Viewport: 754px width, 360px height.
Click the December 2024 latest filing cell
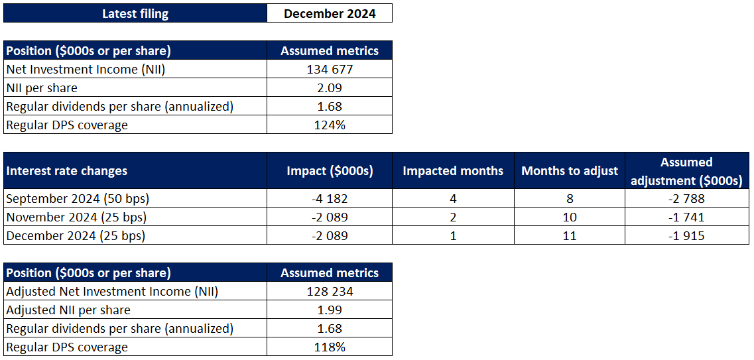[330, 13]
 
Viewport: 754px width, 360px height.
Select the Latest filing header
[135, 13]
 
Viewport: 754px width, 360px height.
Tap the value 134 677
[330, 69]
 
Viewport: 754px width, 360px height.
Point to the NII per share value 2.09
[330, 88]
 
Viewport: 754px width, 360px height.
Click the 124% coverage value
[330, 125]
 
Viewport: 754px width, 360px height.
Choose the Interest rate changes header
[66, 170]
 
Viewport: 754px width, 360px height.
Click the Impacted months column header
[453, 170]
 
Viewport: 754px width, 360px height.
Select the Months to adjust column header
[570, 170]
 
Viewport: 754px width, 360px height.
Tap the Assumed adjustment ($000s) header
[686, 171]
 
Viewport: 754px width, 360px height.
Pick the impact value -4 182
[330, 198]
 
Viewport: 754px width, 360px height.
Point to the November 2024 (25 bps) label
[76, 217]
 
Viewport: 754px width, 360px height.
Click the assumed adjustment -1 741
[686, 217]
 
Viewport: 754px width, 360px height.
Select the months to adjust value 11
[570, 235]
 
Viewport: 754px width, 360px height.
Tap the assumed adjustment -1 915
[686, 235]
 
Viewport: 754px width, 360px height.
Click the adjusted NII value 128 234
[330, 291]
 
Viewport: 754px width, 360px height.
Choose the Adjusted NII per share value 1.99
[330, 310]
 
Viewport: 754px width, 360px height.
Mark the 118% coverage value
[330, 347]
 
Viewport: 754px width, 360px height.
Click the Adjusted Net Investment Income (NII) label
[112, 291]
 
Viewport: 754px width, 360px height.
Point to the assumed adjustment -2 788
[686, 198]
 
